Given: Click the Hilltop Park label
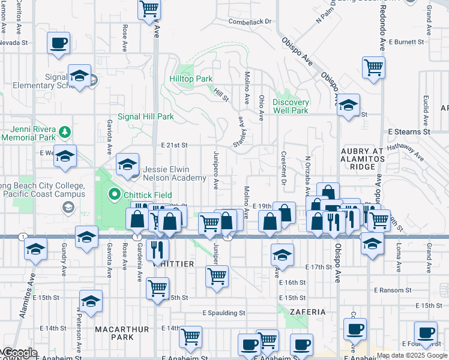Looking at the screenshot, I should [191, 79].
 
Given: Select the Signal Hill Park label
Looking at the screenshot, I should [146, 116].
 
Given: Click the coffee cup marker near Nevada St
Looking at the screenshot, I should [59, 43].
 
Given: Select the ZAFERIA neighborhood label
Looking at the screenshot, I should [307, 312].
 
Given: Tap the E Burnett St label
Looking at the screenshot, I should [411, 42].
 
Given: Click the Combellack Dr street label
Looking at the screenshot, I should [250, 22].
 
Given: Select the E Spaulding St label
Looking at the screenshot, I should [224, 313].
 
